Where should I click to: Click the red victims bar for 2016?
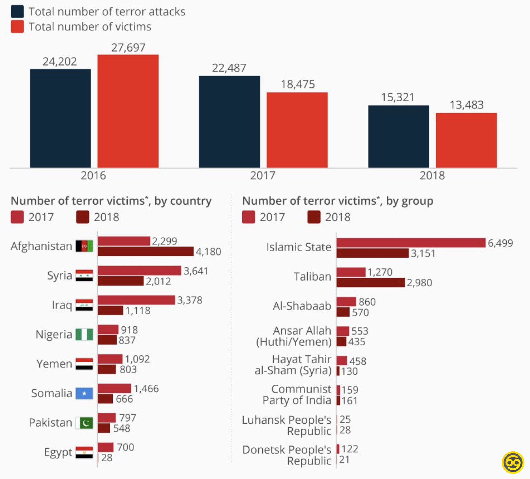128,111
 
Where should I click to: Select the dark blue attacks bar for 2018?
399,136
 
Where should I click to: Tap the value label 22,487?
229,68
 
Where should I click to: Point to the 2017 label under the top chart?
263,175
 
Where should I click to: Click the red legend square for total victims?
17,27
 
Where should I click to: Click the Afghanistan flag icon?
84,246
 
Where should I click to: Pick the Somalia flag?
84,393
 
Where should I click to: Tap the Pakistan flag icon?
84,423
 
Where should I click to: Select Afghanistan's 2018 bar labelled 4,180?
145,252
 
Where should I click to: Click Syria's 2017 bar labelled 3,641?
139,270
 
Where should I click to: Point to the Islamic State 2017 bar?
411,243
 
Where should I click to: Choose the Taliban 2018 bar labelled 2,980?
370,283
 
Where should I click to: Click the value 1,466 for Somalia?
146,389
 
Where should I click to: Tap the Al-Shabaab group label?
302,306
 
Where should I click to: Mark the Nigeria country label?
54,334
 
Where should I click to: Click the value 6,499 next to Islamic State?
500,243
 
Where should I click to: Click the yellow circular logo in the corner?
513,462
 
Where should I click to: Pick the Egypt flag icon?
84,452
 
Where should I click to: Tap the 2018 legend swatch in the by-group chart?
314,217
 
